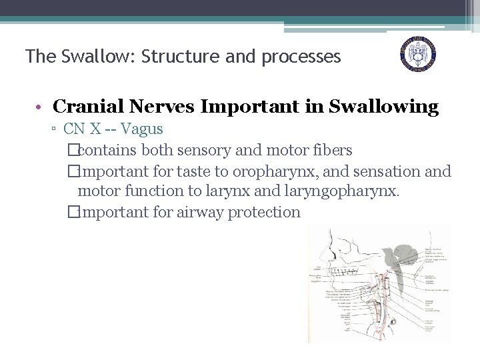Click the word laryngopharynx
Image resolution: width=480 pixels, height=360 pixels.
tap(345, 192)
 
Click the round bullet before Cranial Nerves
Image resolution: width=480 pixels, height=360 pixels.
tap(40, 107)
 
